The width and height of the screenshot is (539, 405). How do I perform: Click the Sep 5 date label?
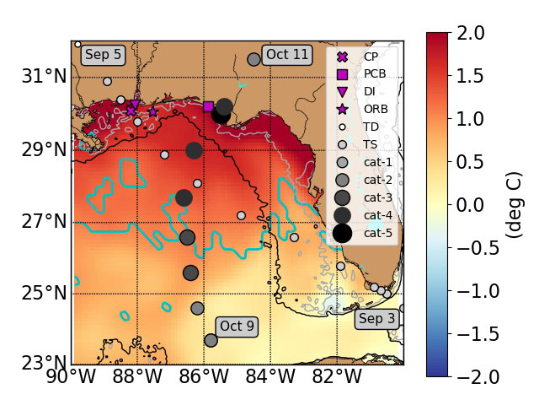tap(104, 55)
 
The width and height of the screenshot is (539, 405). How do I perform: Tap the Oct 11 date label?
tap(287, 55)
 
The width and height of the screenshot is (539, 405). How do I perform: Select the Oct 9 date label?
tap(237, 326)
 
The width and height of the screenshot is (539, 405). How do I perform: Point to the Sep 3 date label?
tap(376, 319)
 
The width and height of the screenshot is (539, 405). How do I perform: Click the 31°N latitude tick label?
tap(47, 77)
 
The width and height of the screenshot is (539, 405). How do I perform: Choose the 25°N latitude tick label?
tap(47, 293)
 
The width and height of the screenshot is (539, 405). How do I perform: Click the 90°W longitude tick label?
tap(72, 375)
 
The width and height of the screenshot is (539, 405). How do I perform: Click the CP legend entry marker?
tap(342, 57)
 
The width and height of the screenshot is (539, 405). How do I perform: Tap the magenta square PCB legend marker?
tap(342, 74)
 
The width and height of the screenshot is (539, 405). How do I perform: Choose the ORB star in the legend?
tap(342, 109)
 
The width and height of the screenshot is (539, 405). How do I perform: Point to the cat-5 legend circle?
tap(342, 233)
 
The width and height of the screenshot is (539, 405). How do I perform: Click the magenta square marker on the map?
tap(208, 106)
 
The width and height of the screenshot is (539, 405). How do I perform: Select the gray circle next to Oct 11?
tap(253, 59)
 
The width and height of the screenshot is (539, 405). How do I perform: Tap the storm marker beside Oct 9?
tap(211, 340)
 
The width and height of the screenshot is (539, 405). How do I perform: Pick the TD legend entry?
tap(343, 127)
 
